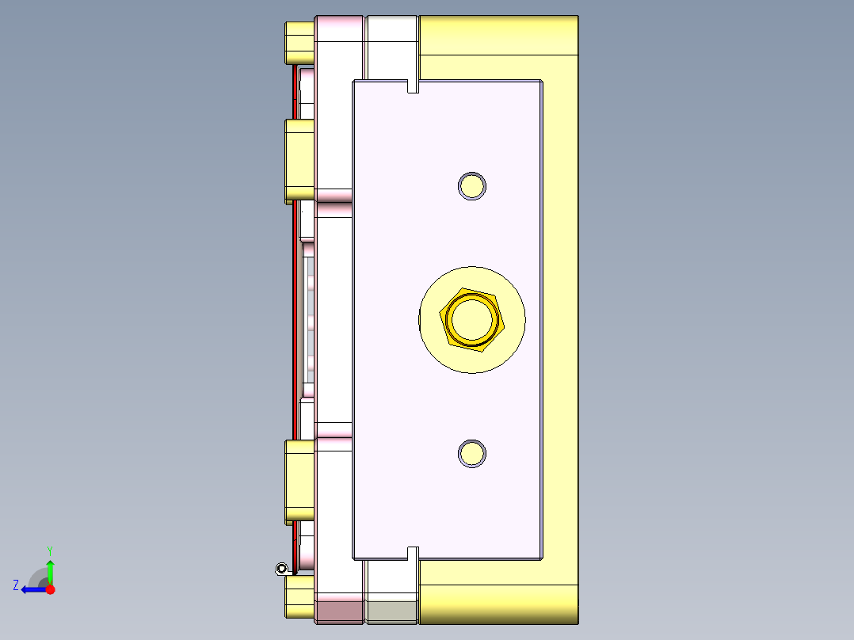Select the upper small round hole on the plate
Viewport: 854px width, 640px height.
pos(472,185)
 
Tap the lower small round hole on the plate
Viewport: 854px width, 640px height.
pos(472,453)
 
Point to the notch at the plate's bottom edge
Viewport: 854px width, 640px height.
pos(412,553)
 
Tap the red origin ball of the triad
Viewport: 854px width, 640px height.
pos(50,589)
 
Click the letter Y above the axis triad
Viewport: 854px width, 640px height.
pos(50,550)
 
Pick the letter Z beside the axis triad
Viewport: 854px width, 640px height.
pos(16,585)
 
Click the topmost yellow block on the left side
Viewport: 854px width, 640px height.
pos(299,42)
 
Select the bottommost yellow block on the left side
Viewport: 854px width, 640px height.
pos(299,596)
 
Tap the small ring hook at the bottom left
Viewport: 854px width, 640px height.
pos(281,568)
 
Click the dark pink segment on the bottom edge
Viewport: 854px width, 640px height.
pos(341,611)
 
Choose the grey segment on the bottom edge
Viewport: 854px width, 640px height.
pos(392,611)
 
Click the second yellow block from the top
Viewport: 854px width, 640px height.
pos(299,161)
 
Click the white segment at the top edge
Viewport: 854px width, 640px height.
pos(392,36)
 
